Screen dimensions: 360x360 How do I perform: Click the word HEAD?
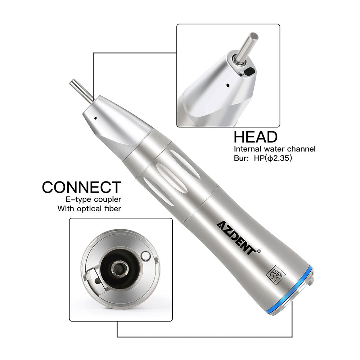tap(256, 137)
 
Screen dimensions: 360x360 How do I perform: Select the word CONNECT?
tap(81, 187)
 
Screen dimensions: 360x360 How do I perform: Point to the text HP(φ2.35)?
tap(273, 158)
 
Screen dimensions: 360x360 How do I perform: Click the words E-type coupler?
tap(94, 199)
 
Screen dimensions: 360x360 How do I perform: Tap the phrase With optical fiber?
tap(89, 208)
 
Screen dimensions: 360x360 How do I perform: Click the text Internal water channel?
tap(275, 149)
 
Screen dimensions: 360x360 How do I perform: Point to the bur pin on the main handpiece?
tap(81, 90)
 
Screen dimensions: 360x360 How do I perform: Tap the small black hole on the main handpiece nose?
tap(95, 118)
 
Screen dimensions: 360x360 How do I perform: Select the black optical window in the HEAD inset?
tap(249, 71)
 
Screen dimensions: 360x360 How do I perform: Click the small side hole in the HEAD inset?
tap(228, 85)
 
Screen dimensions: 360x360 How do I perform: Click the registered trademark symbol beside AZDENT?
tap(259, 251)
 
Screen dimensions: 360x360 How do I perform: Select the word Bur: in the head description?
tap(241, 158)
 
